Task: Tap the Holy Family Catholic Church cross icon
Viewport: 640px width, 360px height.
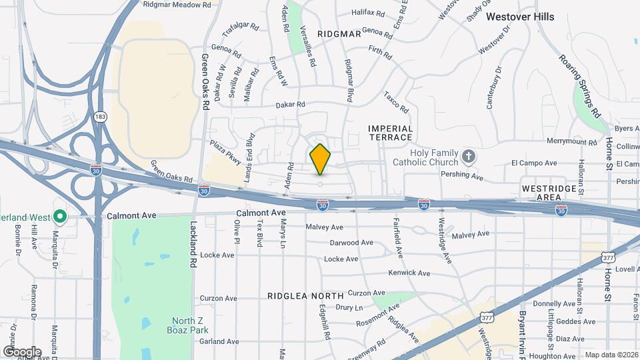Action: click(x=469, y=157)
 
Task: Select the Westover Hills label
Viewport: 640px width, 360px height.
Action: click(x=520, y=17)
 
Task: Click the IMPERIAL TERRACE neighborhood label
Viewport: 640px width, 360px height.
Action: click(x=391, y=133)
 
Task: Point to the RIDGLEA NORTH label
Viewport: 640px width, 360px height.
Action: click(x=305, y=295)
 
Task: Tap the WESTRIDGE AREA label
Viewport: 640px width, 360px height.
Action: click(x=549, y=193)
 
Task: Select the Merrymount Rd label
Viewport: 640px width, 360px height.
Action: click(x=571, y=142)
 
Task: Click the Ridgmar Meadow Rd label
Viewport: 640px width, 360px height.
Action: click(x=177, y=4)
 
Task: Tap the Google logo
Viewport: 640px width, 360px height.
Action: click(x=22, y=352)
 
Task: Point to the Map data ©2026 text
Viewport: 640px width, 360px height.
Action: click(x=611, y=355)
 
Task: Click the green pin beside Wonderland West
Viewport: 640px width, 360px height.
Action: click(x=59, y=217)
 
